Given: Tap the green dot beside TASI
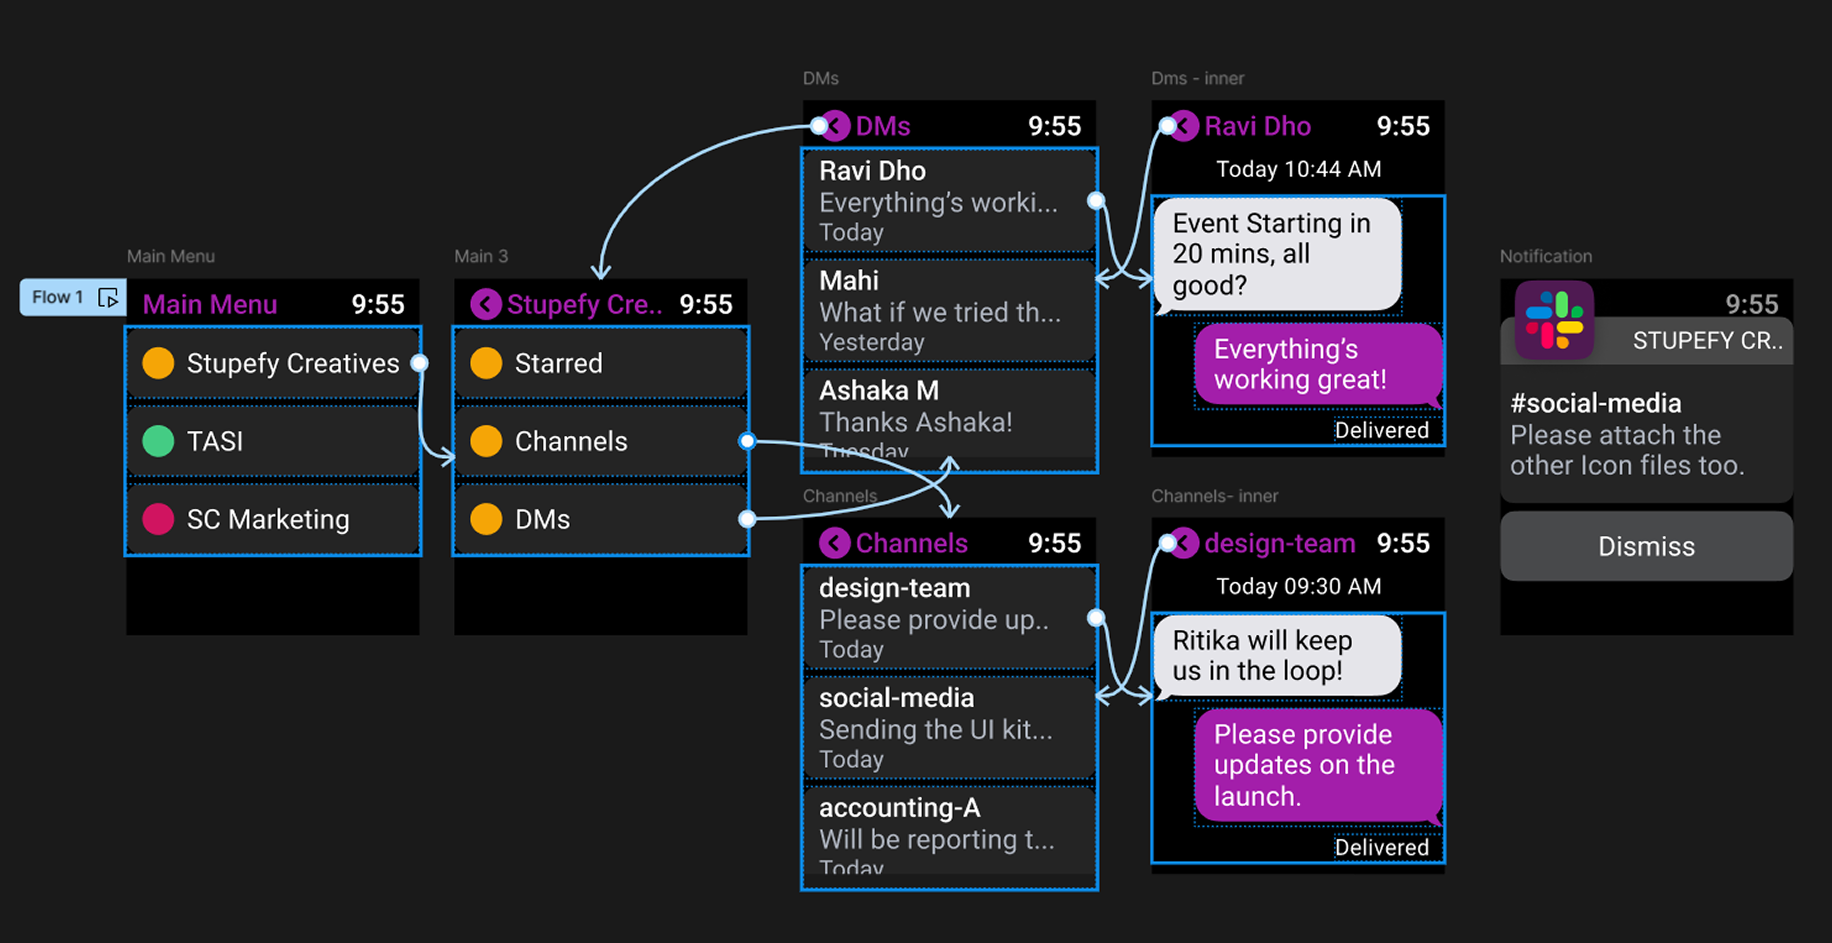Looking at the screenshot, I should click(158, 441).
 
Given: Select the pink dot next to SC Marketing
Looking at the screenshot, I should click(158, 519).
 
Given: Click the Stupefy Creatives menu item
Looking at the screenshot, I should click(272, 363).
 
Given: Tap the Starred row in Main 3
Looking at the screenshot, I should click(600, 363).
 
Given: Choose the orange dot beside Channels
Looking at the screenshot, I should click(486, 441).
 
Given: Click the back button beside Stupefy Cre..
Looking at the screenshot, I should click(486, 304).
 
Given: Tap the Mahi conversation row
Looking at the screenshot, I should click(948, 310).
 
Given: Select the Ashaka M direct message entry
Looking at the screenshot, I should click(948, 418).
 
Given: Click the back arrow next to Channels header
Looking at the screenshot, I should click(834, 543).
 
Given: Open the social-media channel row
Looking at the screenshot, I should click(948, 727).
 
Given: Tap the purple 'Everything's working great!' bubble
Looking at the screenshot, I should click(1316, 364).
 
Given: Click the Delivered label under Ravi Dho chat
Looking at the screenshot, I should click(1381, 430).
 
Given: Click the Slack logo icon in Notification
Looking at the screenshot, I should click(1554, 320).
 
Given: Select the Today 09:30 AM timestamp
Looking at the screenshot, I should click(1298, 586).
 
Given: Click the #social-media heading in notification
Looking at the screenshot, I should click(1595, 403).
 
